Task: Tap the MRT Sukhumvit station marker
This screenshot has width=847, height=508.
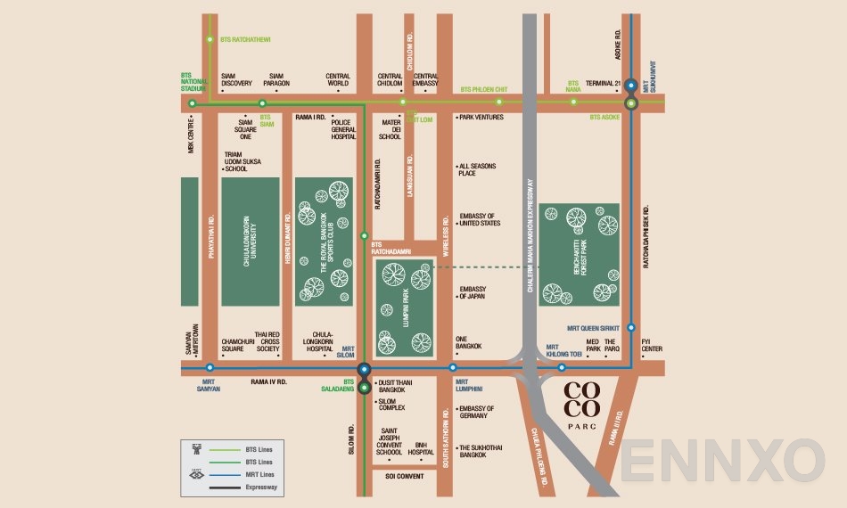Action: click(x=631, y=86)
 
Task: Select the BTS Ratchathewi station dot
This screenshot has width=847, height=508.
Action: click(x=210, y=39)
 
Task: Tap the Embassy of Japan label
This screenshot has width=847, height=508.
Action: click(x=472, y=292)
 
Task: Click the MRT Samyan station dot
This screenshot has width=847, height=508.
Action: click(x=210, y=367)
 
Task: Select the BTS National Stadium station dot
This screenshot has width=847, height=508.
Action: click(x=192, y=103)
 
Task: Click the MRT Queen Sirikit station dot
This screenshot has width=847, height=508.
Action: click(x=631, y=327)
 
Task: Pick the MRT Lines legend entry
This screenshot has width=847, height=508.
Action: click(x=259, y=475)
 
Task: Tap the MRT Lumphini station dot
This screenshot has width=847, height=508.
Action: click(x=453, y=367)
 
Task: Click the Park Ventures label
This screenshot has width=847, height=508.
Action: click(x=481, y=117)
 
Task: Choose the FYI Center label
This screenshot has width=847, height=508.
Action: click(x=652, y=345)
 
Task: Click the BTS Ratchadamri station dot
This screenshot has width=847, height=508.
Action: click(x=364, y=236)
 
